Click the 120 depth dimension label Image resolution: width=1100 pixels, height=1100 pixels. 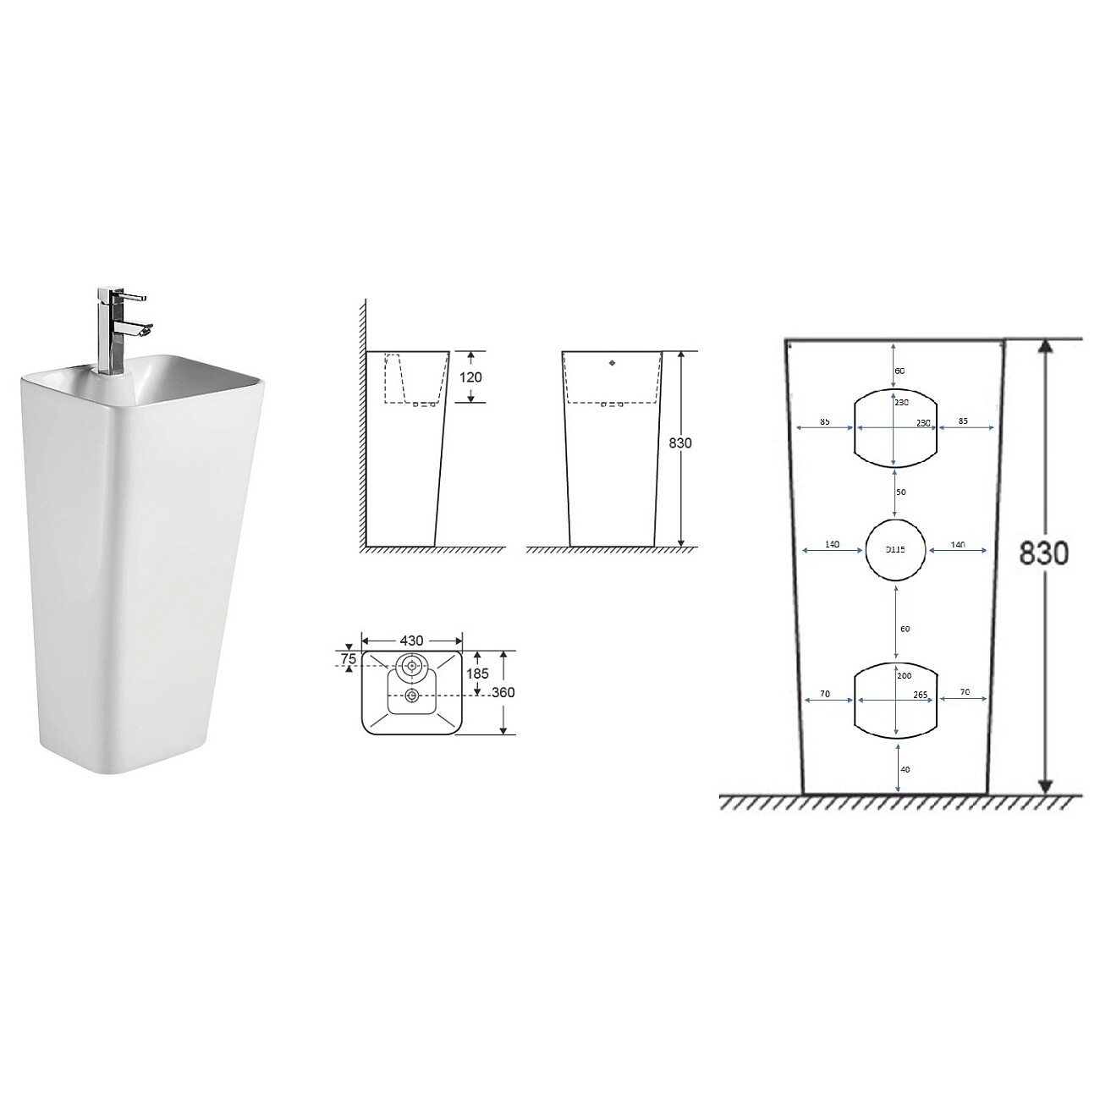470,377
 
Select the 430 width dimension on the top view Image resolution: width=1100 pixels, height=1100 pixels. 411,641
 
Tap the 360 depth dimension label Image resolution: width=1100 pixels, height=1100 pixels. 502,692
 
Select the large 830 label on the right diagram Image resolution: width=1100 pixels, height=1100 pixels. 1042,553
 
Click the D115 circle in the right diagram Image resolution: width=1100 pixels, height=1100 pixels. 895,549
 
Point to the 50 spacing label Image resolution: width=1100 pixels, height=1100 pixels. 901,492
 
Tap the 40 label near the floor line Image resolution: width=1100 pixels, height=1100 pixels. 905,769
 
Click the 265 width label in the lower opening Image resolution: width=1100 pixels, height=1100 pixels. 921,694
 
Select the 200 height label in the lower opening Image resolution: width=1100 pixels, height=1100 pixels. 902,676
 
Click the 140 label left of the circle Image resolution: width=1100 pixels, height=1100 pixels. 832,544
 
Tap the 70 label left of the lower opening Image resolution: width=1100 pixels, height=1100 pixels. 824,694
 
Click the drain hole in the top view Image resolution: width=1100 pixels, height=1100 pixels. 412,696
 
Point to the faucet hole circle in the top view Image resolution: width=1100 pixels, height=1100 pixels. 412,666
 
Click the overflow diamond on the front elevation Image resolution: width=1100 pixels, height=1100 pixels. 611,364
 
